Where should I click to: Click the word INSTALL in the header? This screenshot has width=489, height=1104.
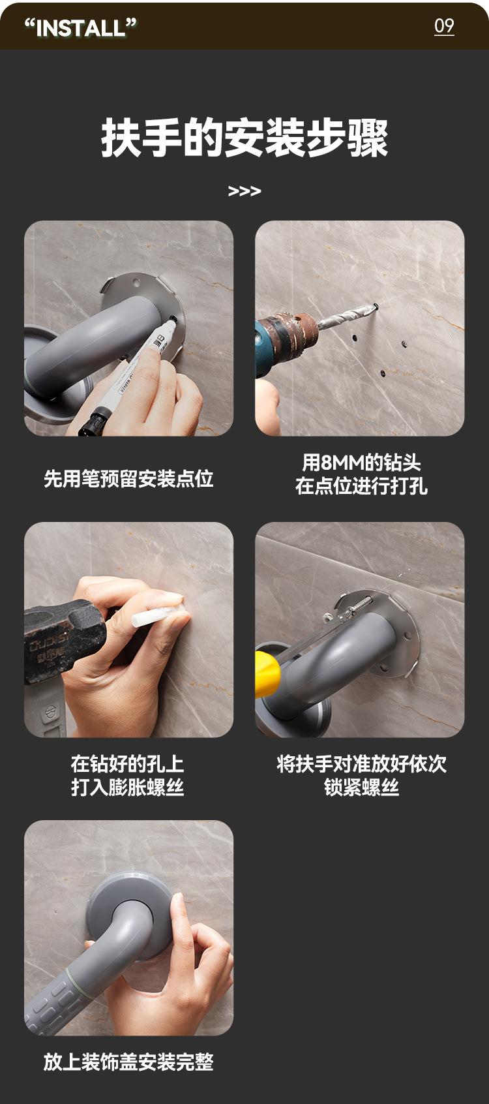tap(81, 27)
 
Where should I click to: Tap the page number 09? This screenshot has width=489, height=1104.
tap(444, 25)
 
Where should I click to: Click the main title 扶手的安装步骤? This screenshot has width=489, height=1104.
tap(244, 138)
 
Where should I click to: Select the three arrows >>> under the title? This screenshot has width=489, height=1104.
tap(244, 191)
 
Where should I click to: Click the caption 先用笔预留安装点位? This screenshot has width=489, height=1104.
tap(128, 478)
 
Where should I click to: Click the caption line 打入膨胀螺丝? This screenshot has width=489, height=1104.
tap(128, 787)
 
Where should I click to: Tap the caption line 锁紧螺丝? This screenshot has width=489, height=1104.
tap(361, 787)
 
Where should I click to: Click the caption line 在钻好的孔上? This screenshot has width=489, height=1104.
tap(128, 763)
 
